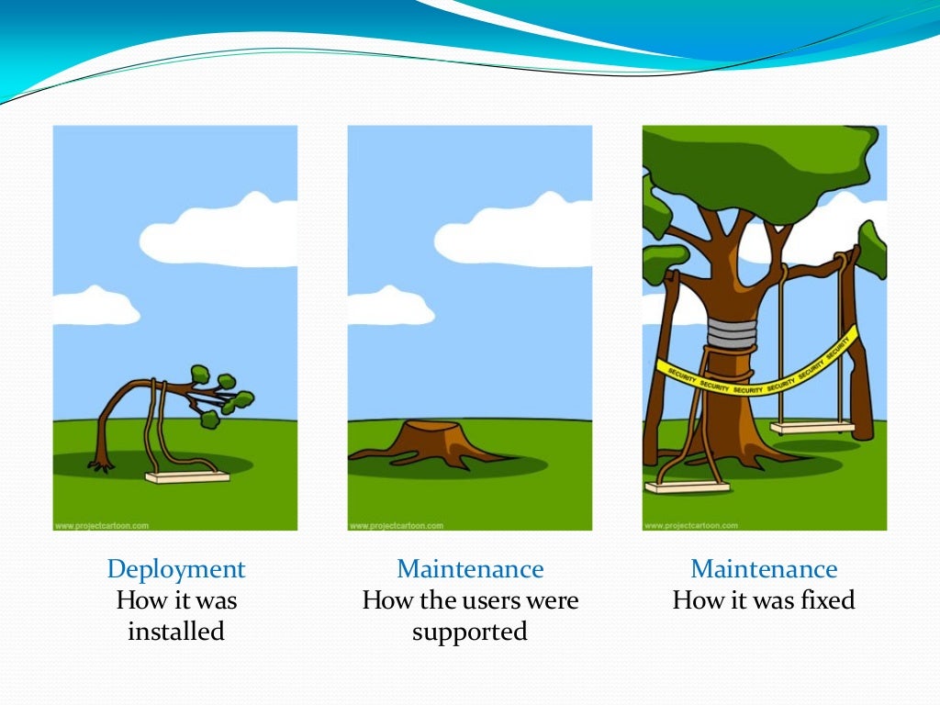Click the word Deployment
coord(176,569)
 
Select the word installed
coord(176,632)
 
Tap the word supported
coord(470,632)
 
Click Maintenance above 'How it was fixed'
coord(764,569)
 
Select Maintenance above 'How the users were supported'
coord(470,569)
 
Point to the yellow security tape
coord(762,378)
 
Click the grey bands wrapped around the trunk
coord(731,331)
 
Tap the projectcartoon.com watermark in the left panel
coord(101,526)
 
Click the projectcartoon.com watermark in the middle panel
coord(396,526)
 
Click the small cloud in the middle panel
coord(386,308)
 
